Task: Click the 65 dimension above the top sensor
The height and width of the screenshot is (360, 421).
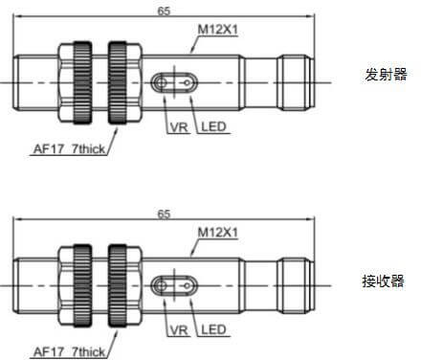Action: click(x=164, y=11)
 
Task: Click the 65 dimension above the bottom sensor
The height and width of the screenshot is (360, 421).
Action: click(x=164, y=214)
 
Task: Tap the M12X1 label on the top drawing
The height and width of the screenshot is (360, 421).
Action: click(x=218, y=30)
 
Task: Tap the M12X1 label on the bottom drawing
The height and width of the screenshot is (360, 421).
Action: click(x=218, y=233)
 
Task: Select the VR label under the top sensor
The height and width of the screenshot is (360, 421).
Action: click(x=179, y=127)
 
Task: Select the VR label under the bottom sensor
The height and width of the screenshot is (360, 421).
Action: click(x=179, y=330)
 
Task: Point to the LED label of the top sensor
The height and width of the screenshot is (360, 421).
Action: click(x=213, y=126)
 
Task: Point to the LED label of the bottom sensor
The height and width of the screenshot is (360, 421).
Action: click(x=213, y=329)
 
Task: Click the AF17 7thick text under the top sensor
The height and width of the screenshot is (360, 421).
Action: click(x=69, y=149)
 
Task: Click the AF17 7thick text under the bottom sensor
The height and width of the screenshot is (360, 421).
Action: click(x=69, y=352)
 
